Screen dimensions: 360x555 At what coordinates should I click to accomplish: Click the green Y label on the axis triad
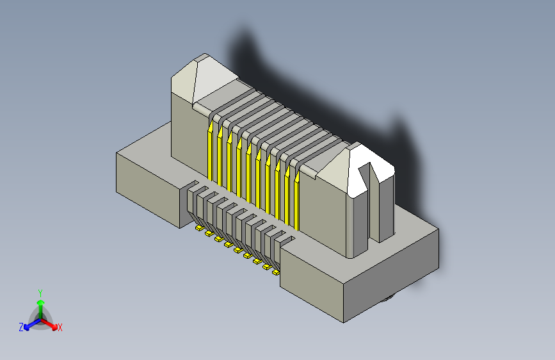(40, 292)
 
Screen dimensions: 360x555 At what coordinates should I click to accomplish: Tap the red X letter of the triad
(60, 327)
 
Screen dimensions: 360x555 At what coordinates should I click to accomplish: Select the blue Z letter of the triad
(21, 327)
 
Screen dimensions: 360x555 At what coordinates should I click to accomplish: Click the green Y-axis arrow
(40, 304)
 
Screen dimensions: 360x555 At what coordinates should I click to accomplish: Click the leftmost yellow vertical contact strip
(209, 154)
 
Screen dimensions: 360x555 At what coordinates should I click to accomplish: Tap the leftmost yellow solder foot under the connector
(199, 227)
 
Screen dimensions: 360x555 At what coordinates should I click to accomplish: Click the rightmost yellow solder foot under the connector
(276, 272)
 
